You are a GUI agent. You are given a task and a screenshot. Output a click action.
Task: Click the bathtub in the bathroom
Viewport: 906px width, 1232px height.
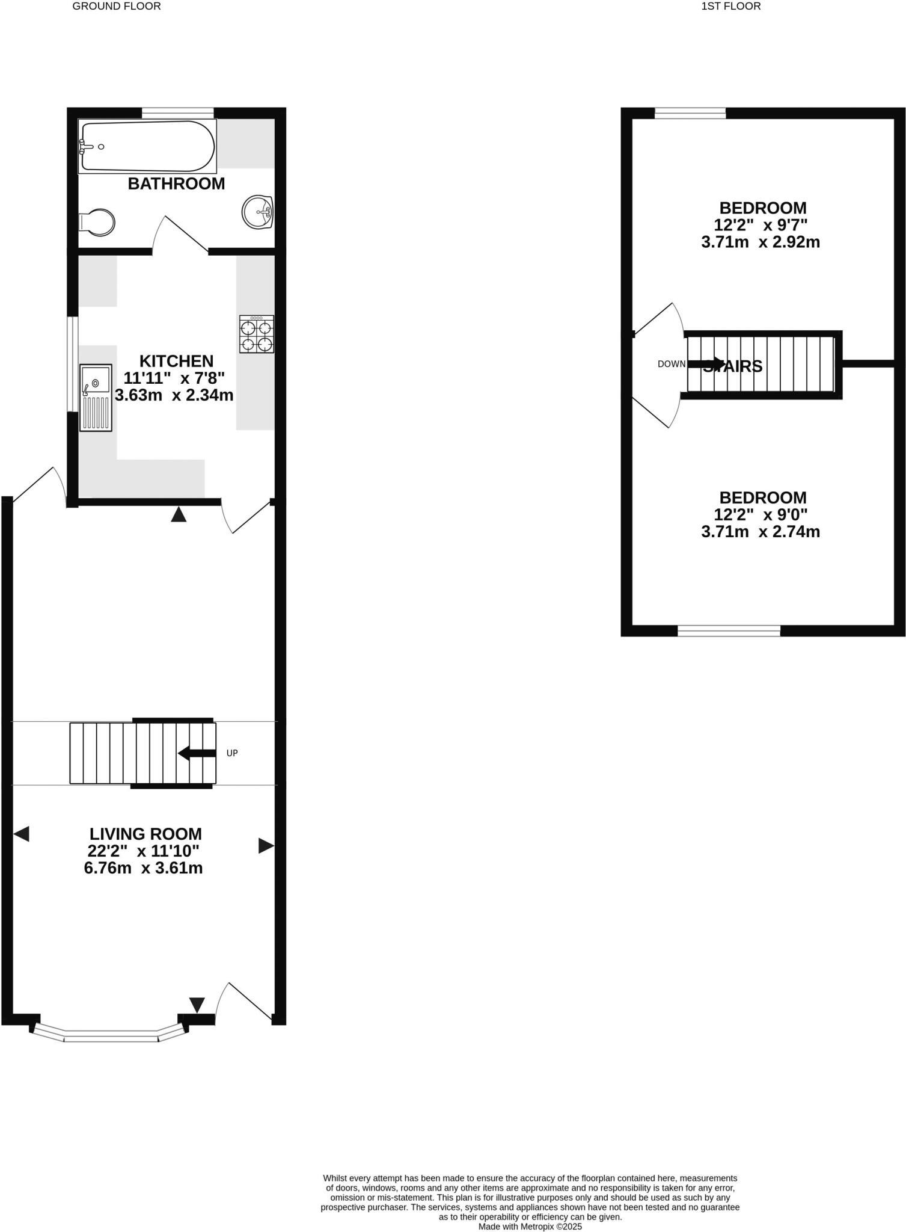point(147,147)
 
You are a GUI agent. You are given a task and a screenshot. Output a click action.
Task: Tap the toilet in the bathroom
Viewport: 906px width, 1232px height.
point(97,222)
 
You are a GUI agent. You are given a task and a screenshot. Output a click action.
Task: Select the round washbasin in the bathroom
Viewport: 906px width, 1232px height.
point(258,212)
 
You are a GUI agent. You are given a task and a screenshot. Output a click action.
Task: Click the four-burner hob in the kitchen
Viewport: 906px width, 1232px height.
point(257,334)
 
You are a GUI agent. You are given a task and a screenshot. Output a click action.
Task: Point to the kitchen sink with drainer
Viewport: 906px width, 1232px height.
point(96,397)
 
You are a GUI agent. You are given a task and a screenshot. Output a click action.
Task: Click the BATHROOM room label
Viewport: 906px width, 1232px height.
point(176,183)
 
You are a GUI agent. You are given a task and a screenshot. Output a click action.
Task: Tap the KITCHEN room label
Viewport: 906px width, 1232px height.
point(176,361)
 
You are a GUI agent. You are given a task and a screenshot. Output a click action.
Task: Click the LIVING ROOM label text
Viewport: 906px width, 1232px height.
point(145,834)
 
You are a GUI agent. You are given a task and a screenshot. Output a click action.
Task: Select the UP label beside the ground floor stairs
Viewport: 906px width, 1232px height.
point(232,753)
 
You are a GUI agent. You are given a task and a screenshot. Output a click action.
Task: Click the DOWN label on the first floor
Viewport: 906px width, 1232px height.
point(671,364)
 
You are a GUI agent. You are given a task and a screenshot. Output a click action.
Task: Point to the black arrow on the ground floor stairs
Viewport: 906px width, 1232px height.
point(197,753)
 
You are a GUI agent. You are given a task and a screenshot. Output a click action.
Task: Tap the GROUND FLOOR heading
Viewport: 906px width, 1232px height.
point(117,7)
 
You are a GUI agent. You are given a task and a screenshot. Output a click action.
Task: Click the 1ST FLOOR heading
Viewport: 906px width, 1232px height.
point(731,7)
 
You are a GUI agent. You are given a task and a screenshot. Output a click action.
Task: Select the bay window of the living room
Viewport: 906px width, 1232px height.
point(111,1035)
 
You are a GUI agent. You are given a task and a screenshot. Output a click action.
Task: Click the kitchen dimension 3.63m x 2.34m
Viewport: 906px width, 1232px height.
point(174,395)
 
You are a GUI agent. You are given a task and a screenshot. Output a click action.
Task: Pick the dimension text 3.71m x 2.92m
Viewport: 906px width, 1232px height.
point(761,242)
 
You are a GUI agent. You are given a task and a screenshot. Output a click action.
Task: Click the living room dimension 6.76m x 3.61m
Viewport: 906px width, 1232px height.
point(143,868)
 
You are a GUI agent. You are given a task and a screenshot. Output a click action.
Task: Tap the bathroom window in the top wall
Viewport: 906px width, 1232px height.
point(177,112)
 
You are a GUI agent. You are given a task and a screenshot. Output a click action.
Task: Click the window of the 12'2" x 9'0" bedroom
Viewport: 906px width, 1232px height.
point(729,630)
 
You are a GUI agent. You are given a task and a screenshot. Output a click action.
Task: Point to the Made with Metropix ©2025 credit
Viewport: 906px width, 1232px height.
point(530,1226)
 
